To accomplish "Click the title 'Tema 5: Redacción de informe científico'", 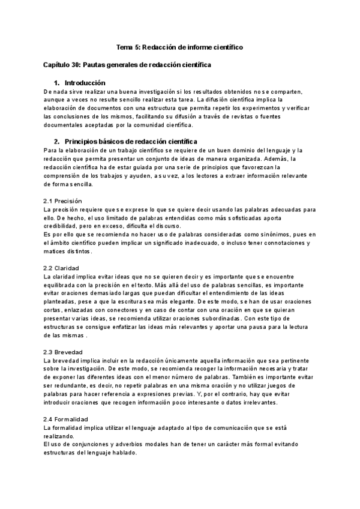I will [179, 47].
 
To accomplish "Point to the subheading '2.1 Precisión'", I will [63, 200].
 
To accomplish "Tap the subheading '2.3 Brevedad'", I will [63, 351].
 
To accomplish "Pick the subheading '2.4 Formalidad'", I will [66, 418].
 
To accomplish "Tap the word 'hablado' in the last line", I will [125, 452].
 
